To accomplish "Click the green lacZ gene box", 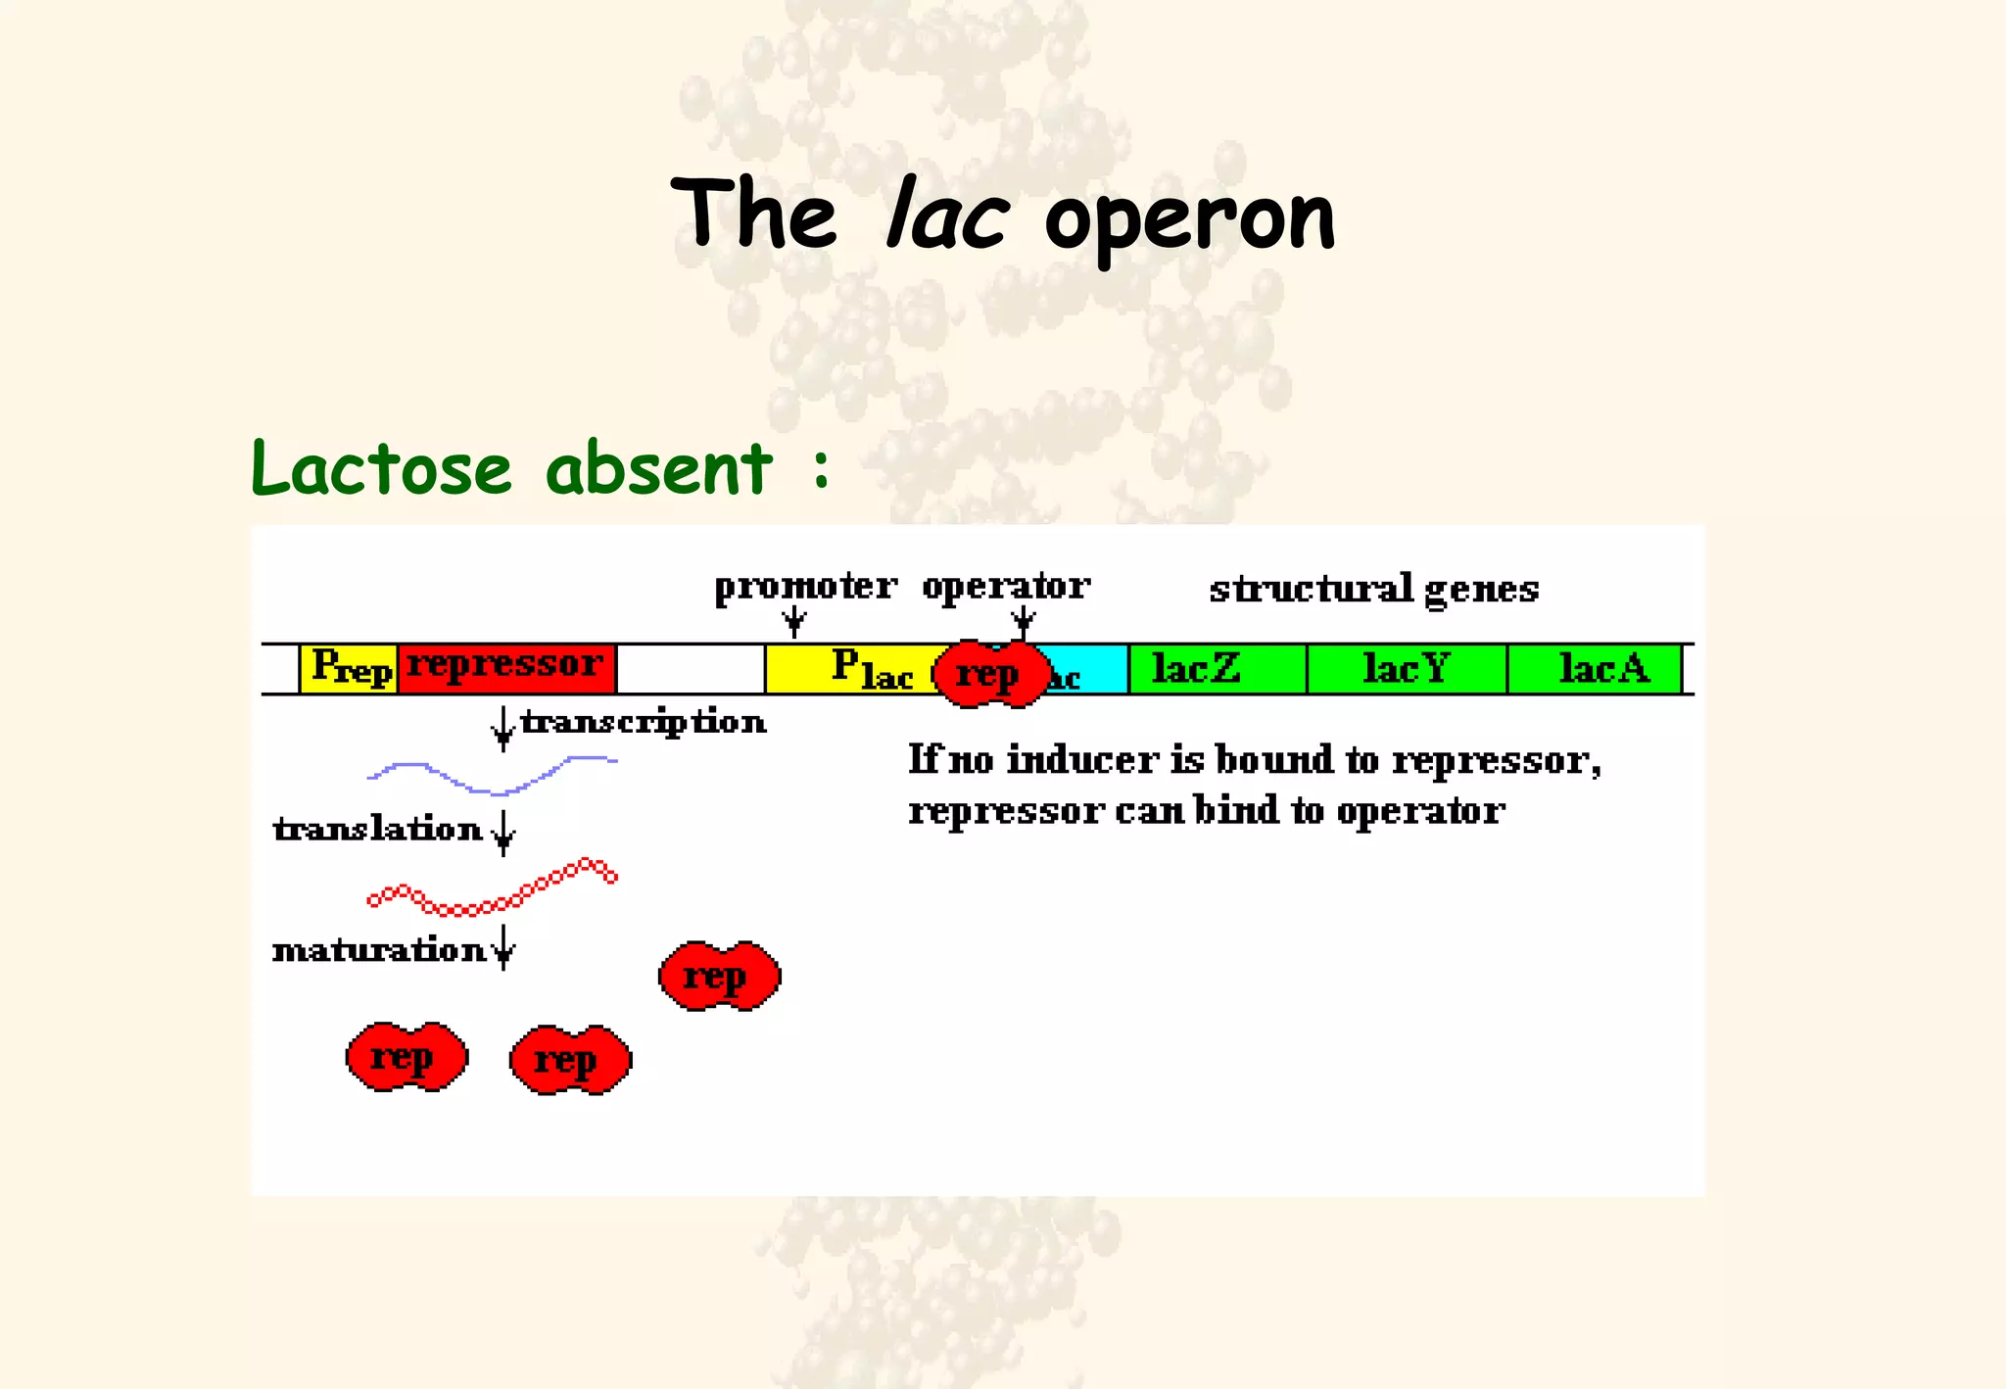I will coord(1217,669).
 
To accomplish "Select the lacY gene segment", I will coord(1407,669).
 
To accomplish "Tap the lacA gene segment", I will coord(1594,669).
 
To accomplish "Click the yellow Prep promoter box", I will coord(349,669).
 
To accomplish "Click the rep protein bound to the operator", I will coord(990,674).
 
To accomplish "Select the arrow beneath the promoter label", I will coord(795,620).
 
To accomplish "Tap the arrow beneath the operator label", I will coord(1024,620).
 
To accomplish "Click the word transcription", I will coord(643,722).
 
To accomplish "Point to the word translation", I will coord(378,830).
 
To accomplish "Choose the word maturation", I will coord(378,950).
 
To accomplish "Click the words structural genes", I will coord(1373,590).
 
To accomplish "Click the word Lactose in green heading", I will coord(381,468).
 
